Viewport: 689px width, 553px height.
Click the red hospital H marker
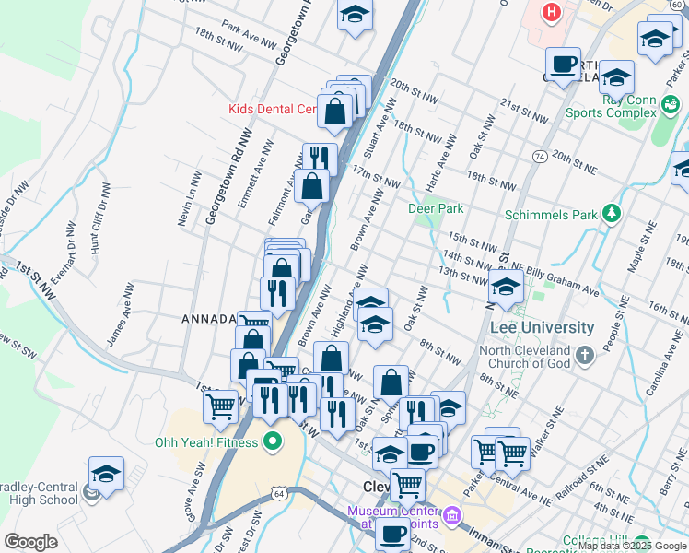551,12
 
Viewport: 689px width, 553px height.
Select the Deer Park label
436,208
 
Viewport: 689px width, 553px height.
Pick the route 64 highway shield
279,494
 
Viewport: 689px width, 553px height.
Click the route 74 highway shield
538,158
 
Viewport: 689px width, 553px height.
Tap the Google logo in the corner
30,541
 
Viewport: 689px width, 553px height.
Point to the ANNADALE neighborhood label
210,319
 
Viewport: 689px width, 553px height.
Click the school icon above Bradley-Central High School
106,474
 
